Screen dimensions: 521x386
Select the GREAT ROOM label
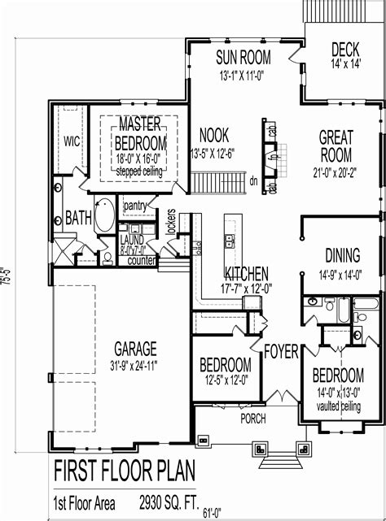pyautogui.click(x=336, y=145)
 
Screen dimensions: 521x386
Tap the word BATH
pyautogui.click(x=78, y=218)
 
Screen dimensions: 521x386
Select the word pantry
pyautogui.click(x=135, y=207)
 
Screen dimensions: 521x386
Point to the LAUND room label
pyautogui.click(x=131, y=241)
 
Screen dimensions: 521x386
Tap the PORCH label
pyautogui.click(x=253, y=419)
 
